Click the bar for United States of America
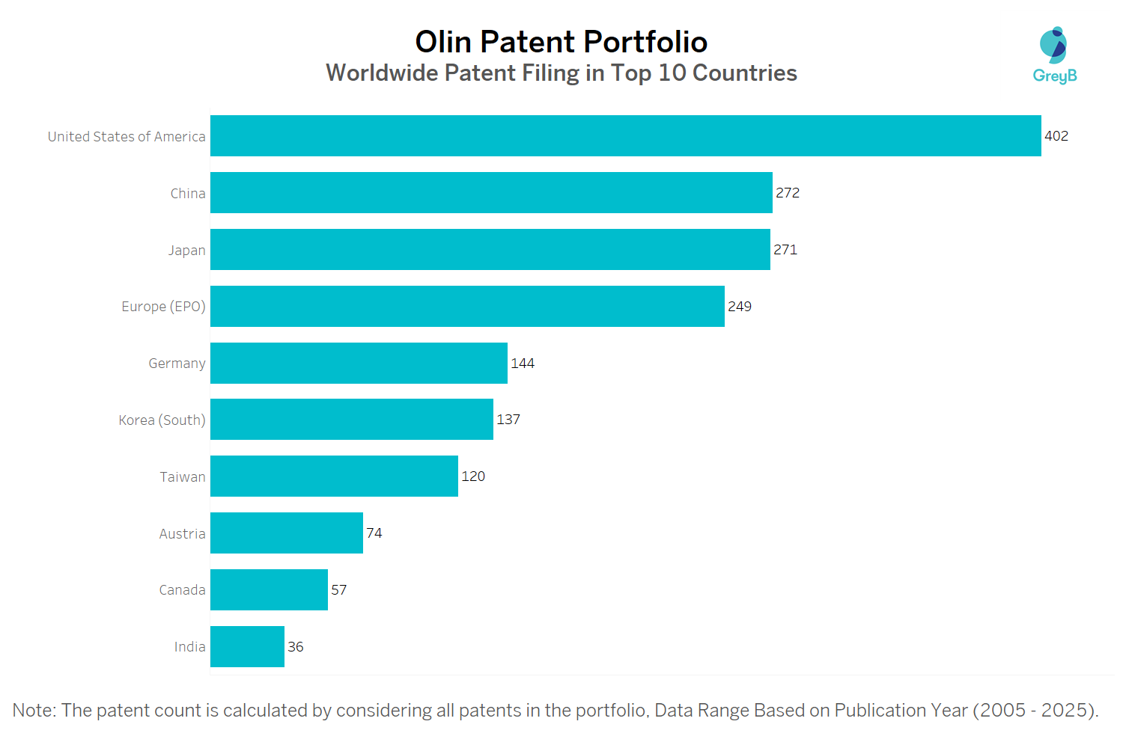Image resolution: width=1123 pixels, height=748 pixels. (x=625, y=136)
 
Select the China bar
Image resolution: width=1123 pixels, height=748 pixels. (x=491, y=193)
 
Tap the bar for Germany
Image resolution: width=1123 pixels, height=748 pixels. (x=359, y=364)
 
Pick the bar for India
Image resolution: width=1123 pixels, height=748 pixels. (x=247, y=647)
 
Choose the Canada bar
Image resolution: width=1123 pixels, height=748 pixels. (x=269, y=590)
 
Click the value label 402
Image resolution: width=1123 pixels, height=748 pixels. (x=1056, y=136)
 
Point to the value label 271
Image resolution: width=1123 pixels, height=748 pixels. (x=785, y=250)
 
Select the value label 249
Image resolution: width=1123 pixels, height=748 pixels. (x=740, y=307)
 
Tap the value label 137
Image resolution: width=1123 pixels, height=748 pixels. (x=508, y=420)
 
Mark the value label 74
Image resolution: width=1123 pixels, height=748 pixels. (x=374, y=533)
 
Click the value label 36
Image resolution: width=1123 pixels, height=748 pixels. (x=296, y=647)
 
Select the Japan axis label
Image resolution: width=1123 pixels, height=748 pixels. (x=186, y=251)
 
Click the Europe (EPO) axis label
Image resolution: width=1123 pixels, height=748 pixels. (x=163, y=307)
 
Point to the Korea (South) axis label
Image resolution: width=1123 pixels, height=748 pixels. (x=162, y=420)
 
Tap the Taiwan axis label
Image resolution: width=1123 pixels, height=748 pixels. (x=182, y=477)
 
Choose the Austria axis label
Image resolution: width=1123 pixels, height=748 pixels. (x=182, y=534)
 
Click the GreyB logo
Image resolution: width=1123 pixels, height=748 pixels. (x=1054, y=55)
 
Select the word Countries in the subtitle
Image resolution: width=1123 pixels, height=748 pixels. (x=744, y=73)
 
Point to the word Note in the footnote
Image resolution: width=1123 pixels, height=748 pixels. (x=33, y=711)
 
